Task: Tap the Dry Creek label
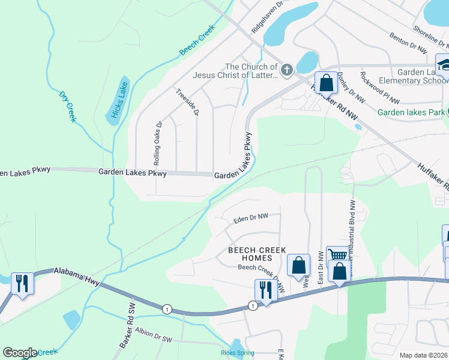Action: [67, 106]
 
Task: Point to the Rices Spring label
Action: [238, 353]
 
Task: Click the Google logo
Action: [20, 353]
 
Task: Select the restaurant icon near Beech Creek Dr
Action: [263, 289]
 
